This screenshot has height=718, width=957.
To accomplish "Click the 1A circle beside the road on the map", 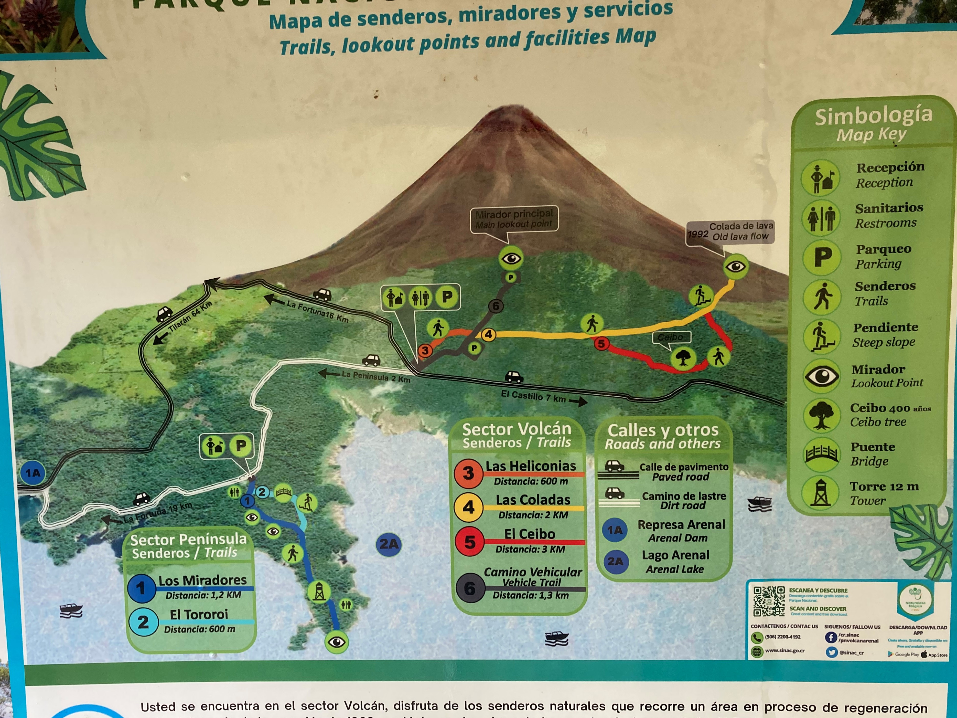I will pyautogui.click(x=33, y=473).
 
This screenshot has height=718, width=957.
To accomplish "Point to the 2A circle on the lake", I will pyautogui.click(x=389, y=544).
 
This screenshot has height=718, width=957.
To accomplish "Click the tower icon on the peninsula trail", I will pyautogui.click(x=319, y=592).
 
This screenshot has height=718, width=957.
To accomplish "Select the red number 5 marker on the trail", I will pyautogui.click(x=601, y=344).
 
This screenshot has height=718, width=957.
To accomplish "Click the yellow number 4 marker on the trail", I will pyautogui.click(x=488, y=335).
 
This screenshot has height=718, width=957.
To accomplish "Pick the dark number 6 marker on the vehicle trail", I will pyautogui.click(x=496, y=306).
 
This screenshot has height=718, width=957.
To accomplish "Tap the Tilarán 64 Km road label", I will pyautogui.click(x=190, y=316).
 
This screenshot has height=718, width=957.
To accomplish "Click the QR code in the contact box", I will pyautogui.click(x=769, y=601).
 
